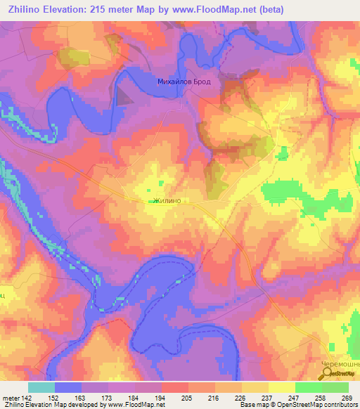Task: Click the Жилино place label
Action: coord(167,200)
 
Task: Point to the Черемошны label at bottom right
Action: coord(344,364)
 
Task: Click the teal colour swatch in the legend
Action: coord(41,387)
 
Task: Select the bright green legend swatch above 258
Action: coord(308,387)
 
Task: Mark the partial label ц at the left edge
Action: coord(3,296)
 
